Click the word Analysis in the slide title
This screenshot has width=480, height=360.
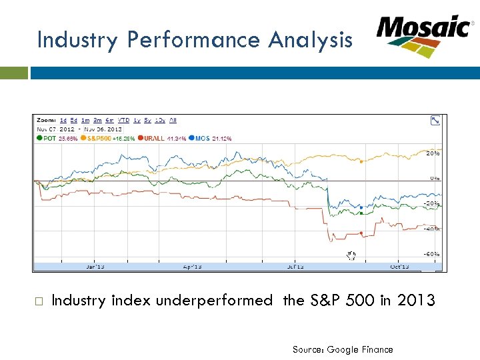pyautogui.click(x=310, y=41)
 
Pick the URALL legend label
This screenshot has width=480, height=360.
pyautogui.click(x=153, y=139)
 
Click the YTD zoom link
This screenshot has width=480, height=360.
pyautogui.click(x=125, y=121)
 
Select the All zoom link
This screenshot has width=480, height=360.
pyautogui.click(x=173, y=121)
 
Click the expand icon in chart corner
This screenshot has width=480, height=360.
pyautogui.click(x=435, y=121)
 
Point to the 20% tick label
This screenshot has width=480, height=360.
pyautogui.click(x=433, y=153)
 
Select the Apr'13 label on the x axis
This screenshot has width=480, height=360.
pyautogui.click(x=192, y=267)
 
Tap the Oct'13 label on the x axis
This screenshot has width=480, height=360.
pyautogui.click(x=399, y=267)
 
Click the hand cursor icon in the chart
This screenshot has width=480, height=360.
pyautogui.click(x=351, y=255)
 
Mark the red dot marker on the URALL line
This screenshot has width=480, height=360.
pyautogui.click(x=361, y=233)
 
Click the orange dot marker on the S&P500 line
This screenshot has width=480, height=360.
pyautogui.click(x=361, y=161)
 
